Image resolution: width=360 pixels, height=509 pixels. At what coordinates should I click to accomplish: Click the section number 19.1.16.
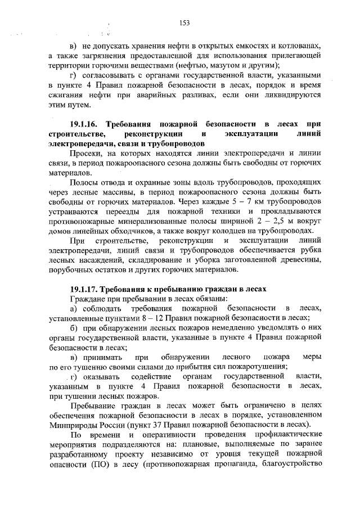click(86, 123)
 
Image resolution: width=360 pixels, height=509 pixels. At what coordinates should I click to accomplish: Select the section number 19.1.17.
click(86, 289)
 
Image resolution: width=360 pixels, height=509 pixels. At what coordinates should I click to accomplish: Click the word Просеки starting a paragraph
click(85, 153)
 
